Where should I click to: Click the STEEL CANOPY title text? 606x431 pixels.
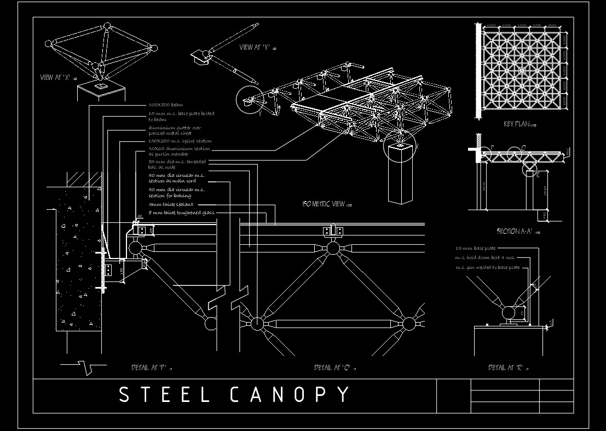(x=234, y=395)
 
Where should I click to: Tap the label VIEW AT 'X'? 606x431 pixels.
(x=55, y=78)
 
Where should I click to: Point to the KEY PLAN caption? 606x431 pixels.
(x=517, y=124)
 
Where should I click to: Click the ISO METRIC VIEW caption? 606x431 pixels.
(x=324, y=204)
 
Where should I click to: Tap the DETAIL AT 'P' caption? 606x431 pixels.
(x=149, y=367)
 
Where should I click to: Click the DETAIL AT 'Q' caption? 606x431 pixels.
(x=332, y=367)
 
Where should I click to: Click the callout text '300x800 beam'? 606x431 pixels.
(x=165, y=105)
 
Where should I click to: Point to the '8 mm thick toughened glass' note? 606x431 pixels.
(x=182, y=212)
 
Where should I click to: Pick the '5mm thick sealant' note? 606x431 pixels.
(x=171, y=204)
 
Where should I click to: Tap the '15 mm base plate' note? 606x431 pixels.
(x=475, y=249)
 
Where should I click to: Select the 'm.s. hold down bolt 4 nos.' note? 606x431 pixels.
(x=484, y=257)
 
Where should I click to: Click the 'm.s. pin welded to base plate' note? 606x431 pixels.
(x=487, y=267)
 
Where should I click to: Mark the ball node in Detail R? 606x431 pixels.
(x=509, y=313)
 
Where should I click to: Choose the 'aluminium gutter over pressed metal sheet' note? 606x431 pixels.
(x=175, y=130)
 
